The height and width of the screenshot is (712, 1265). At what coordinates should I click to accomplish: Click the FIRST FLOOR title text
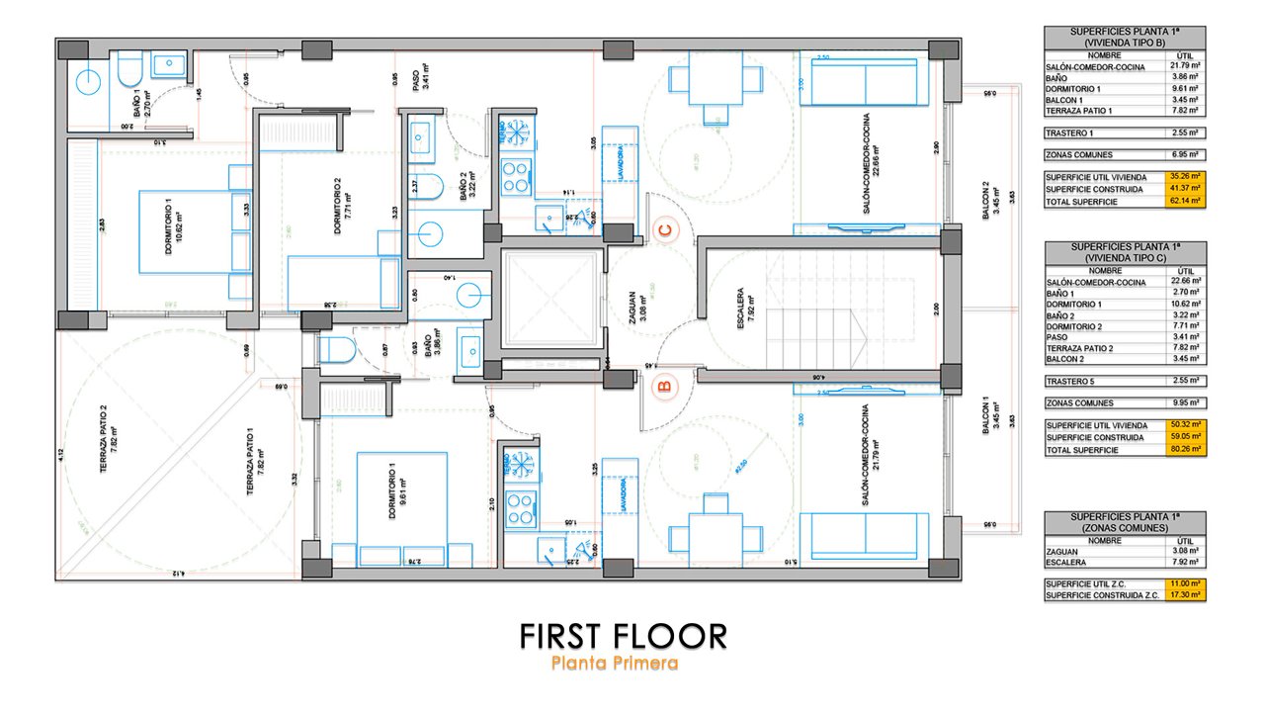pos(624,636)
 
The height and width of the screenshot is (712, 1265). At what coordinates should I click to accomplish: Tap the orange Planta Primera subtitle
pos(615,664)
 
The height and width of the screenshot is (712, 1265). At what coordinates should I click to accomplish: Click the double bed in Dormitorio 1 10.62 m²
pos(190,244)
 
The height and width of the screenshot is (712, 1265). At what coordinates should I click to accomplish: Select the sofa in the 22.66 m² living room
pos(865,75)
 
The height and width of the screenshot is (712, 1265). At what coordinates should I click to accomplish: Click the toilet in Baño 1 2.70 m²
pos(129,71)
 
